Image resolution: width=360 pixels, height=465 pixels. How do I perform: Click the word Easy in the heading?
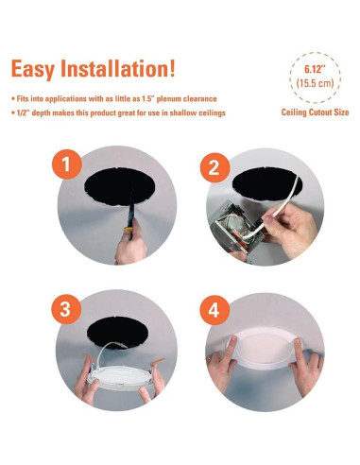(37, 69)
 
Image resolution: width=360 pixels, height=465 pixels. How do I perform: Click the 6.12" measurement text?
(315, 70)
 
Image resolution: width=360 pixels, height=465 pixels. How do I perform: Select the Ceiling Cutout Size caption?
(315, 112)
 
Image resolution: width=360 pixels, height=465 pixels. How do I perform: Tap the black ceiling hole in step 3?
(118, 332)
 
